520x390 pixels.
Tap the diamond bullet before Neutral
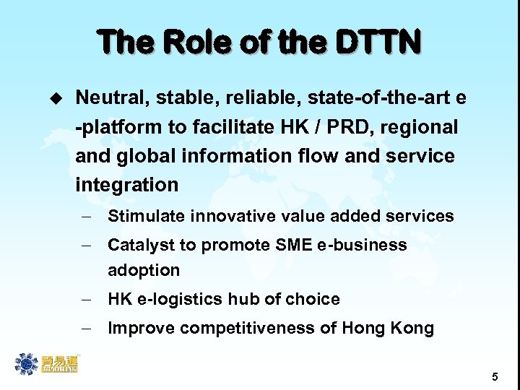pyautogui.click(x=51, y=97)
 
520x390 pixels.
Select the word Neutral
pyautogui.click(x=108, y=97)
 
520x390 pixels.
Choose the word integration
pyautogui.click(x=126, y=185)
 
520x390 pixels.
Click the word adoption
pyautogui.click(x=143, y=270)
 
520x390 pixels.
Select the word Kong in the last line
pyautogui.click(x=413, y=329)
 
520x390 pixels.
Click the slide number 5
pyautogui.click(x=495, y=376)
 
